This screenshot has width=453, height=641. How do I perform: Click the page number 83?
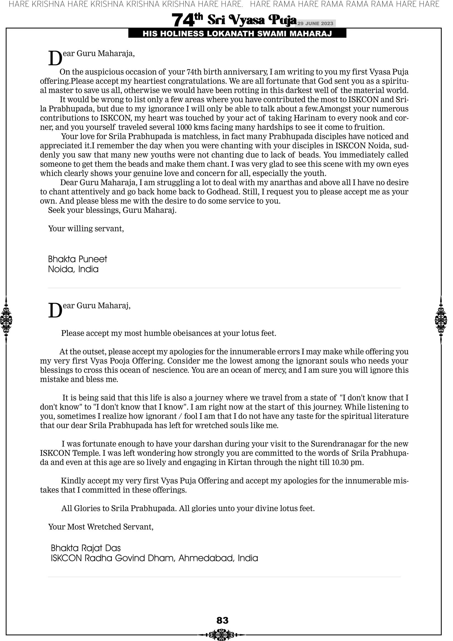coord(222,620)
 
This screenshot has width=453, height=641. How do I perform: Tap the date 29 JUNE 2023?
coord(315,23)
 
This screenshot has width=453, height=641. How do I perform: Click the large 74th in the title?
coord(187,20)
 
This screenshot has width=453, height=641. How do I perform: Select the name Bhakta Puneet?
coord(77,259)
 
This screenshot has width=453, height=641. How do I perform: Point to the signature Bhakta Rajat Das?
coord(86,548)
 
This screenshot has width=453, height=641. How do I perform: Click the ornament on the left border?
coord(6,320)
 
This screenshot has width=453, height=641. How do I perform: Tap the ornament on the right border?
coord(441,320)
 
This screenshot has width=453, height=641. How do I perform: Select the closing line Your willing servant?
coord(86,229)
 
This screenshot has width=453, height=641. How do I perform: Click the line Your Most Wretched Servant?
coord(101,527)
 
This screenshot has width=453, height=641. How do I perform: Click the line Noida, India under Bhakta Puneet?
coord(73,269)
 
